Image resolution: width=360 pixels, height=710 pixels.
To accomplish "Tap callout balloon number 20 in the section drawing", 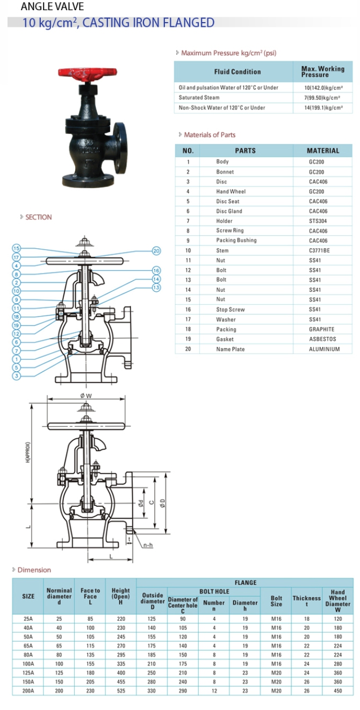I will point(156,250).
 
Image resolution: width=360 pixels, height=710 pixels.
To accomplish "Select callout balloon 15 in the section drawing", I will point(17,248).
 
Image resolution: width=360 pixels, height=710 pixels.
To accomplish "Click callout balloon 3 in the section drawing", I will point(17,376).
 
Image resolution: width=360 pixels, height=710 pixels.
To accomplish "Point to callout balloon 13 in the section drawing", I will point(156,288).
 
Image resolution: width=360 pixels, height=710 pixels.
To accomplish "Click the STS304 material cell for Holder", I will point(318,221).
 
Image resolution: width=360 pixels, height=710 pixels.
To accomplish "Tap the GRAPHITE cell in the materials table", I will point(321,329).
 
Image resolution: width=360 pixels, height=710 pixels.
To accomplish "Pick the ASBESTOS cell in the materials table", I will point(322,339).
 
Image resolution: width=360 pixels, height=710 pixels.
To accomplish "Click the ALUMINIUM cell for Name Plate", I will point(324,349).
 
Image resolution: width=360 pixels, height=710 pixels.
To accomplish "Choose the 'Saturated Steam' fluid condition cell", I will point(199,97).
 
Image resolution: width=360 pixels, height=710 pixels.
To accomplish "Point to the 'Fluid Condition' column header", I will point(237,71).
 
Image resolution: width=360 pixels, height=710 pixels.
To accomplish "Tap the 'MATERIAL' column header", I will point(323,150).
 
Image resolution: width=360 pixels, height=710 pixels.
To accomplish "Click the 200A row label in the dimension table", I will point(28,691).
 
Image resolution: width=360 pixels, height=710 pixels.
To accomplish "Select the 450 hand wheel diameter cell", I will point(337,691).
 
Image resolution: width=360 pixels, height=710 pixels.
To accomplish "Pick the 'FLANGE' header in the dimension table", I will point(245,583).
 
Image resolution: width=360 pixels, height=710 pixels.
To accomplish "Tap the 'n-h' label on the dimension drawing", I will point(148,545).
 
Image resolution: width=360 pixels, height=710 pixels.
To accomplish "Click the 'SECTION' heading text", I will point(38,217).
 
